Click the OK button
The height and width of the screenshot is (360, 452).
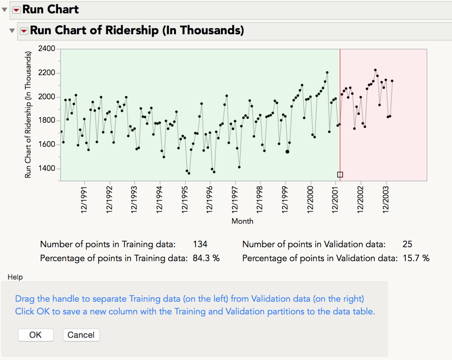click(x=36, y=335)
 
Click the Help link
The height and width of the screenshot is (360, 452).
click(x=15, y=277)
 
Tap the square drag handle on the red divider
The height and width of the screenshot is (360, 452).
click(x=340, y=175)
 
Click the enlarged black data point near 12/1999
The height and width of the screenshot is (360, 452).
click(x=287, y=152)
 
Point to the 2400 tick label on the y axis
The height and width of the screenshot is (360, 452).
click(x=46, y=49)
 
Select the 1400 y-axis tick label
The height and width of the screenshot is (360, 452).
click(x=46, y=168)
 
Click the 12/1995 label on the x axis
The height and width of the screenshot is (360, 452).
click(x=185, y=200)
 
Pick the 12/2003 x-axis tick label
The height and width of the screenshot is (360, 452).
click(x=386, y=200)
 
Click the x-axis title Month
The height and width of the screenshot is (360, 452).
click(x=242, y=221)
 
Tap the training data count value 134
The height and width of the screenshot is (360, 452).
click(x=200, y=244)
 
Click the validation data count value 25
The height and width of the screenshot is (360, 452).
click(x=407, y=244)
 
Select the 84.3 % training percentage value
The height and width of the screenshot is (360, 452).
click(x=206, y=258)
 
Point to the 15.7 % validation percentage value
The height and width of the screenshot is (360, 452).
click(x=416, y=258)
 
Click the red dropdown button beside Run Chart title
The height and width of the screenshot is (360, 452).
click(x=16, y=10)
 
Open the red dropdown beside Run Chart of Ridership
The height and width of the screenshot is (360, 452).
click(x=24, y=31)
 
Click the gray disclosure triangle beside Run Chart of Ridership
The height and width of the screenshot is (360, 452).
click(x=12, y=31)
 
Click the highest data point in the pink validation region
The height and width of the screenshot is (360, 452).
click(x=375, y=70)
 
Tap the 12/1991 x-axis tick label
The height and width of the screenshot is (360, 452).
click(x=84, y=200)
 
